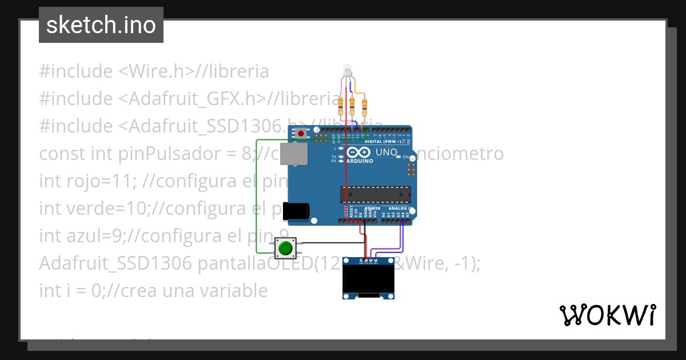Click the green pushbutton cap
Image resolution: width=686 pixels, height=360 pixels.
click(x=285, y=248)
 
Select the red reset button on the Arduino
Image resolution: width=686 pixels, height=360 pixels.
click(x=300, y=133)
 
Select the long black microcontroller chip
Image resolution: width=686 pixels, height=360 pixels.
click(x=375, y=194)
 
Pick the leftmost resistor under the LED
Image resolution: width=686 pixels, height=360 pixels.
click(x=341, y=104)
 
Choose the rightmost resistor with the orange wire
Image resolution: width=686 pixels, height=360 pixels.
click(x=364, y=105)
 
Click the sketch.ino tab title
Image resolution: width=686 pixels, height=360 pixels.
click(x=101, y=25)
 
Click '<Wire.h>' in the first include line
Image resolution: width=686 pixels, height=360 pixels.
click(x=155, y=71)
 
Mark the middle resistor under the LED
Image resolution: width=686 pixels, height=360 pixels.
click(x=352, y=105)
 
